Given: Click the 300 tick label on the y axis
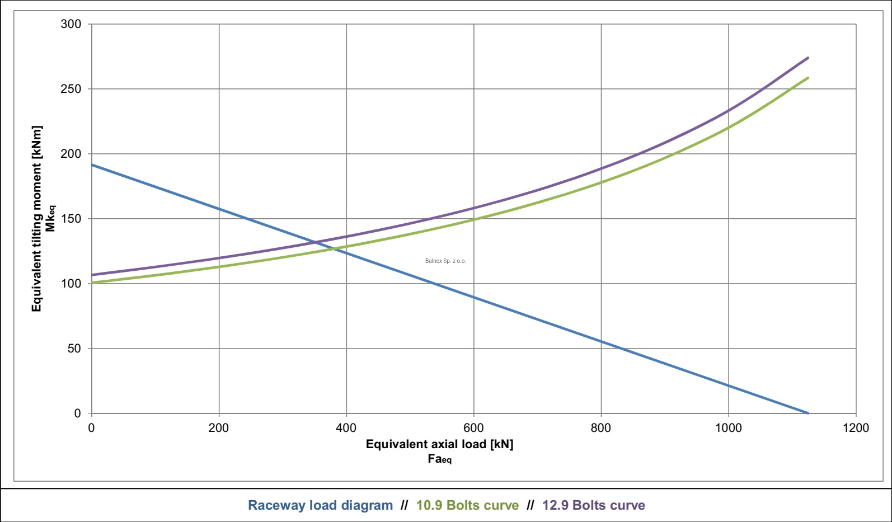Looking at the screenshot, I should (x=71, y=24).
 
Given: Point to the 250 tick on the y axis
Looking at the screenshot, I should (x=71, y=89).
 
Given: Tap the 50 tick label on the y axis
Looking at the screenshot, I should (x=74, y=349).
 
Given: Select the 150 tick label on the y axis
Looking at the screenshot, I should (x=71, y=219).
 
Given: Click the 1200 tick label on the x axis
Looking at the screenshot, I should (x=856, y=428).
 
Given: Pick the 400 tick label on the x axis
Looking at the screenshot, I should (x=346, y=428).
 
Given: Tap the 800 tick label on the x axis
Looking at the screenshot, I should (x=601, y=428).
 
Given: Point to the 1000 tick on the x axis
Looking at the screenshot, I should (x=729, y=428).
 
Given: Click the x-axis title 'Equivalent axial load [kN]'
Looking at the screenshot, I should (x=439, y=444).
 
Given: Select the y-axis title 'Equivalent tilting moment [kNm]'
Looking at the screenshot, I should (x=37, y=218).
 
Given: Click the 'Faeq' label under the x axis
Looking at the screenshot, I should (x=439, y=459).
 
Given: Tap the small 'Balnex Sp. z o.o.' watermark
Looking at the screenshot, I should (x=445, y=261).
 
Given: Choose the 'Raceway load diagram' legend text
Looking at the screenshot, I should (x=321, y=505).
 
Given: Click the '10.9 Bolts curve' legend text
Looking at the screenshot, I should (x=467, y=505).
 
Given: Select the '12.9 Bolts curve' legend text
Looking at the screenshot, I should (x=593, y=505).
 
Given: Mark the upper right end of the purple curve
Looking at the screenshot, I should (x=808, y=58).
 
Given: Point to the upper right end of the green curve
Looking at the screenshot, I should (x=808, y=78).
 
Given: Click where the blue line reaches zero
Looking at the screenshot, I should (x=808, y=413).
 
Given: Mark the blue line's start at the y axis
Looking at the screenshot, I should (x=92, y=164).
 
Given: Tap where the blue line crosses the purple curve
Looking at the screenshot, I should (x=315, y=242).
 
